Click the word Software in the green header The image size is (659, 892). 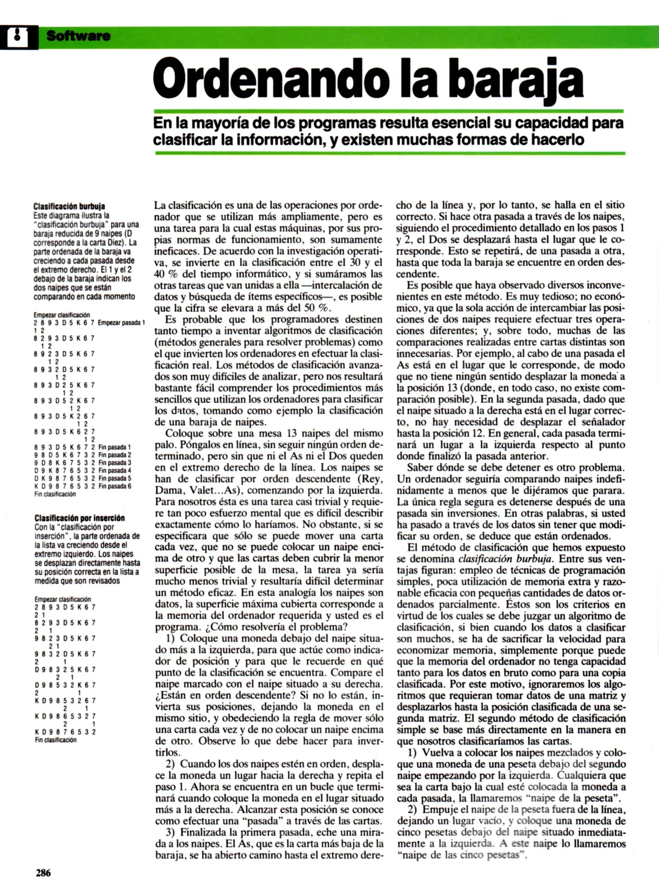(79, 36)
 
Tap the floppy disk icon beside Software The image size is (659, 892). (18, 37)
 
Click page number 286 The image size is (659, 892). (43, 873)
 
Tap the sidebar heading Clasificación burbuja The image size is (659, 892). (69, 206)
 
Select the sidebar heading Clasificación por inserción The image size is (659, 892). (79, 518)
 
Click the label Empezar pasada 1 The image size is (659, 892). (121, 323)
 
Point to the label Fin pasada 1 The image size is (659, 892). (114, 447)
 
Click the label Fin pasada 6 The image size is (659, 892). (114, 486)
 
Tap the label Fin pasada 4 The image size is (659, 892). (114, 470)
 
